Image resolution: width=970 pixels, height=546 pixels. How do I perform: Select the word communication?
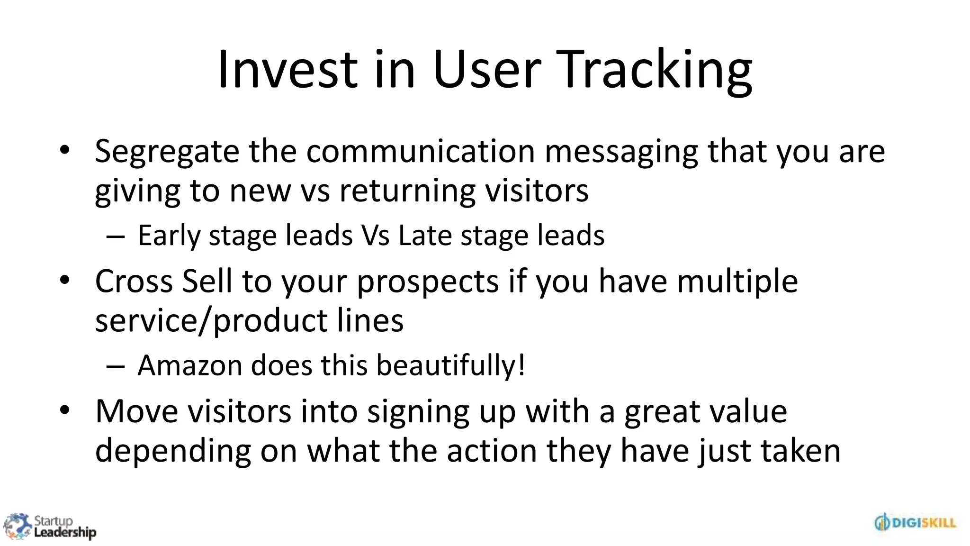pos(420,152)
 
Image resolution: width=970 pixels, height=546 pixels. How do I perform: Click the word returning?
pos(407,191)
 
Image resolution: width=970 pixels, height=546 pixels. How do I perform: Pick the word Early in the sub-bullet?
pos(169,236)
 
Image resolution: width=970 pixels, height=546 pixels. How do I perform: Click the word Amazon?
pos(189,366)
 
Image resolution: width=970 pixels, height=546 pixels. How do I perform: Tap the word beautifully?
pos(450,366)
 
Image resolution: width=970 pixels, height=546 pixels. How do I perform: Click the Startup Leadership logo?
pos(49,527)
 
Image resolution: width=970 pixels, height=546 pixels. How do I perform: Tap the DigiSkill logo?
pos(915,523)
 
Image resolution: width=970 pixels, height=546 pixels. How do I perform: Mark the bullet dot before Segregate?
pos(65,150)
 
